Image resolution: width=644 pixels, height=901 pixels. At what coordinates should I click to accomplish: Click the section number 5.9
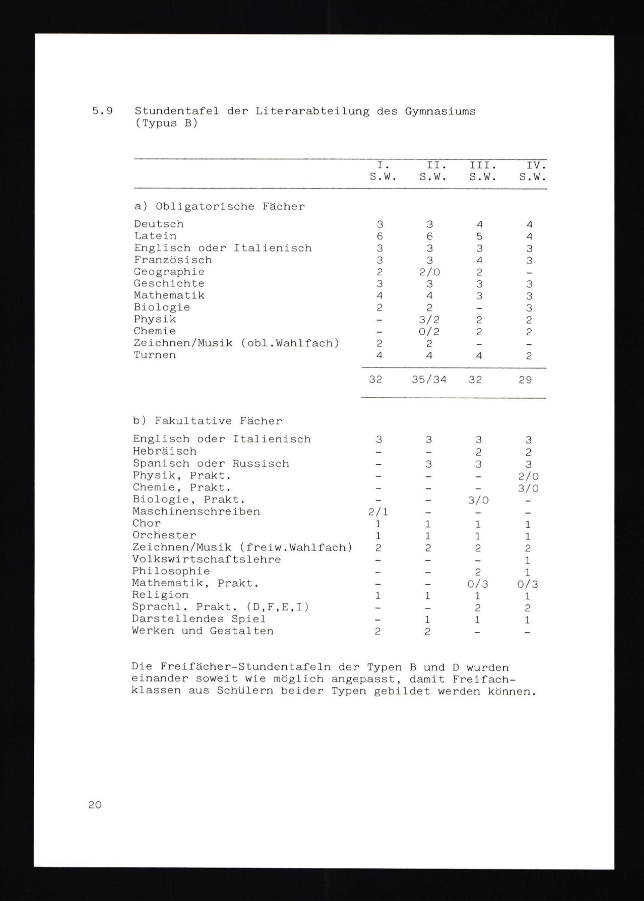coord(102,111)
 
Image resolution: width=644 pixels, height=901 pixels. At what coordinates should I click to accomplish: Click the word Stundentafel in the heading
coord(176,111)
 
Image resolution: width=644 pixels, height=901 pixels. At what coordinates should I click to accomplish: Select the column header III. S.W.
coord(483,171)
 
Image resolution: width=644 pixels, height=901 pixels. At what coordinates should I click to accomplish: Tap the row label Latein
coord(155,236)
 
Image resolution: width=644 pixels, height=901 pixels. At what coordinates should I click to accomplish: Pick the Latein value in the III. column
coord(479,237)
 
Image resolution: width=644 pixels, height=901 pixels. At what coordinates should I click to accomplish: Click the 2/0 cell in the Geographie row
coord(430,272)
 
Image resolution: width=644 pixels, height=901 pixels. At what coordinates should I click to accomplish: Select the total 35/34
coord(429,380)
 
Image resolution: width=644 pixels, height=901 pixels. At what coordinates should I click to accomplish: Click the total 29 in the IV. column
coord(525,380)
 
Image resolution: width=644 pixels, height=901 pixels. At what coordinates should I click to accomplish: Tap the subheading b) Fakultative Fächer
coord(207,421)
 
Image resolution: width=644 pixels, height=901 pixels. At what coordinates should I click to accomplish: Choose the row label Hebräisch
coord(165,451)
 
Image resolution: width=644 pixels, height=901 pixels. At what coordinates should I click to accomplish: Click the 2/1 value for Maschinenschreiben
coord(378,512)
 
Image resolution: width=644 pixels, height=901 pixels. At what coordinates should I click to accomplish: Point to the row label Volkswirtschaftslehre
coord(207,560)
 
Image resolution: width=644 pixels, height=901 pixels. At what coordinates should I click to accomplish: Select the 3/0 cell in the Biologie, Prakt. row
coord(478,500)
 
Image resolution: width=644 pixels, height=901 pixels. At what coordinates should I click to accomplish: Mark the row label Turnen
coord(155,355)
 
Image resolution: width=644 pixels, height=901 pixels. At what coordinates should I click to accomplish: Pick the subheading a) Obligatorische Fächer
coord(219,207)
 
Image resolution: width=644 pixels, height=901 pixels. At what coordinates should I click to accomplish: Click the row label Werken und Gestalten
coord(203,631)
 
